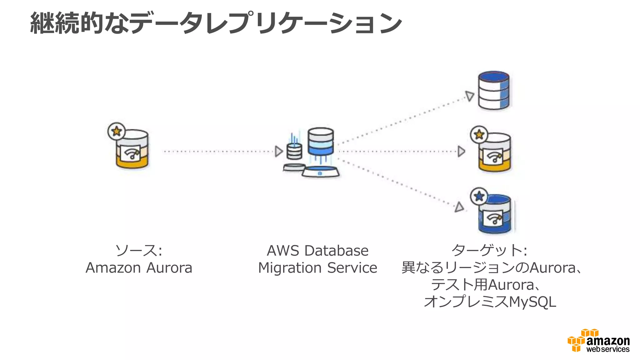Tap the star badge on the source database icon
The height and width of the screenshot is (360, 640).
pos(117,131)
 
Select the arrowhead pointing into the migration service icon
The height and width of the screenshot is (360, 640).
pos(278,152)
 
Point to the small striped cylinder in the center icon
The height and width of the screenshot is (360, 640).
pos(294,151)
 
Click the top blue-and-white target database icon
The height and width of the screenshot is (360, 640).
pos(494,91)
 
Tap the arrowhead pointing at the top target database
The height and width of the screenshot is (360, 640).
pos(469,96)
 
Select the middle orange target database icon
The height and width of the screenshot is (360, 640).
pos(495,153)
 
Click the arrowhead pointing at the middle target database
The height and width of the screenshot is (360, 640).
pos(461,152)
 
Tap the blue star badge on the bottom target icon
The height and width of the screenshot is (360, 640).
pos(479,197)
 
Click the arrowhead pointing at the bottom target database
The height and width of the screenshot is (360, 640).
pos(459,207)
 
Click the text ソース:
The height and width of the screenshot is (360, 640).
pos(139,251)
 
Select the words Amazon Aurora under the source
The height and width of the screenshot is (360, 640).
pos(139,268)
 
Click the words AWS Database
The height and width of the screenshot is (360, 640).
pos(317,251)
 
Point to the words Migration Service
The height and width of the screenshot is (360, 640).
pos(317,268)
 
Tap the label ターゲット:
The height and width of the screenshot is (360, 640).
pos(489,251)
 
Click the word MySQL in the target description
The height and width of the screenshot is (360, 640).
pos(532,302)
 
